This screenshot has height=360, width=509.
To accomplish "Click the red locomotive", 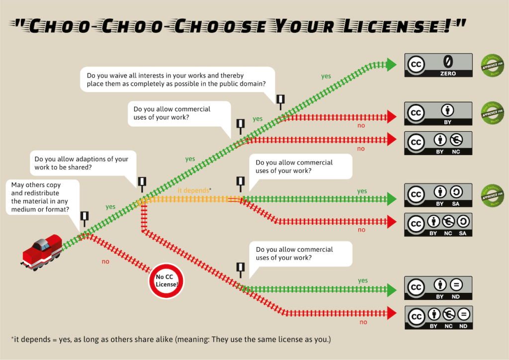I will pos(42,251).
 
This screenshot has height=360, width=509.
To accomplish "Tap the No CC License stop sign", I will pos(167,281).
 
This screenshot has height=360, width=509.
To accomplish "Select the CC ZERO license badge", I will pos(438,65).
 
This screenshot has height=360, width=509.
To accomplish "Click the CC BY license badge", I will pos(438,114).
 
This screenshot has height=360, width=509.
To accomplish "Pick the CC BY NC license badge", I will pos(438,143).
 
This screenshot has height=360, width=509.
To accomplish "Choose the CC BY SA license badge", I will pos(438,195).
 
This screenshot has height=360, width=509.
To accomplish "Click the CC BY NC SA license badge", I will pos(438,225).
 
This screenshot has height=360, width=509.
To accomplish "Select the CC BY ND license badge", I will pos(438,288).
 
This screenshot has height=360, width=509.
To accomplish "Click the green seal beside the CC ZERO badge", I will pos(492,65).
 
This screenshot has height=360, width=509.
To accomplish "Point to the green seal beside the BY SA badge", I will pos(492,195).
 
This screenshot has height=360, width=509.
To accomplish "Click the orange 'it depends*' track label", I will pos(195,190).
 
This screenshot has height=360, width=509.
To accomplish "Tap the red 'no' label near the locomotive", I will pos(105,261).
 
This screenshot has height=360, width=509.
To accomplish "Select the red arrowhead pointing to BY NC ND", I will pos(392,313).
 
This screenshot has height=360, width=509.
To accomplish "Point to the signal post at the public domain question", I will pos(280,101).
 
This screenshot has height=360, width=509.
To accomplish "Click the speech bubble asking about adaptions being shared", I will pos(82,164).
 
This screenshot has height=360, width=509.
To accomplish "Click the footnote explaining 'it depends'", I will pos(171,340).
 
